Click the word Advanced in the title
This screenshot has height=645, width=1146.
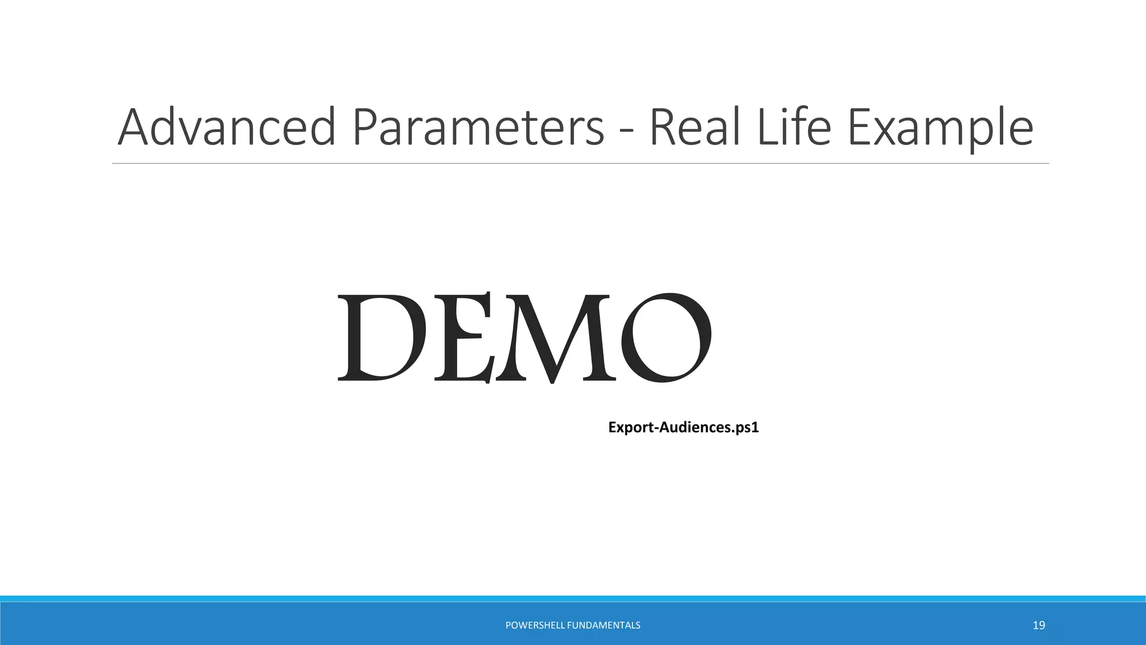[x=227, y=128]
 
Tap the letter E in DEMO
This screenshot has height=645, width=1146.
[x=460, y=337]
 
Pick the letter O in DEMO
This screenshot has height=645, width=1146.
[x=666, y=337]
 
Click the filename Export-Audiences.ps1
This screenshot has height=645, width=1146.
[x=683, y=428]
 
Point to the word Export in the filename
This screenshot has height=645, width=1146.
[x=631, y=428]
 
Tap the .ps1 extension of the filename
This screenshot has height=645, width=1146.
[x=746, y=428]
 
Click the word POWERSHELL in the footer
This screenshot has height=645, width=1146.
[x=534, y=625]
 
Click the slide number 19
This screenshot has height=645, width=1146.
[x=1039, y=625]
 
